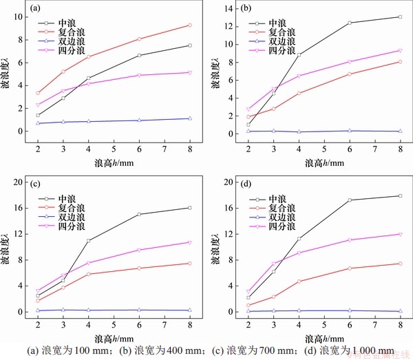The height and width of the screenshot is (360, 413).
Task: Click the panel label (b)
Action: coord(243,9)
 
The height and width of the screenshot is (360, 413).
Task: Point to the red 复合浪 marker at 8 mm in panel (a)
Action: coord(189,25)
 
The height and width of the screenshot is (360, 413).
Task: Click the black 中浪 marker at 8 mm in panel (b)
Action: coord(400,17)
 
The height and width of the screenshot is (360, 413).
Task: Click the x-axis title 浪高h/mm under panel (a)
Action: coord(114,164)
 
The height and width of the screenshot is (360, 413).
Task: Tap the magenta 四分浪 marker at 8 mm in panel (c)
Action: coord(189,242)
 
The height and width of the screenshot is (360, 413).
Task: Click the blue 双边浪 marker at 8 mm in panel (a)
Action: coord(189,118)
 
